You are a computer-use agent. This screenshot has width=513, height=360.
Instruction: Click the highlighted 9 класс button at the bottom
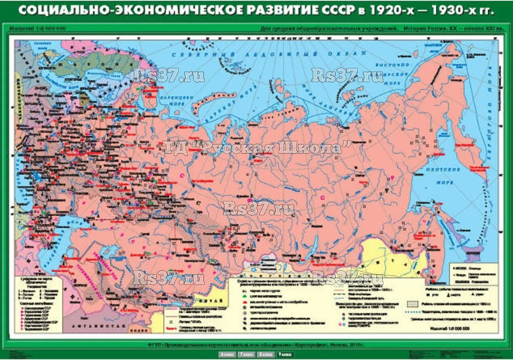point(285,355)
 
